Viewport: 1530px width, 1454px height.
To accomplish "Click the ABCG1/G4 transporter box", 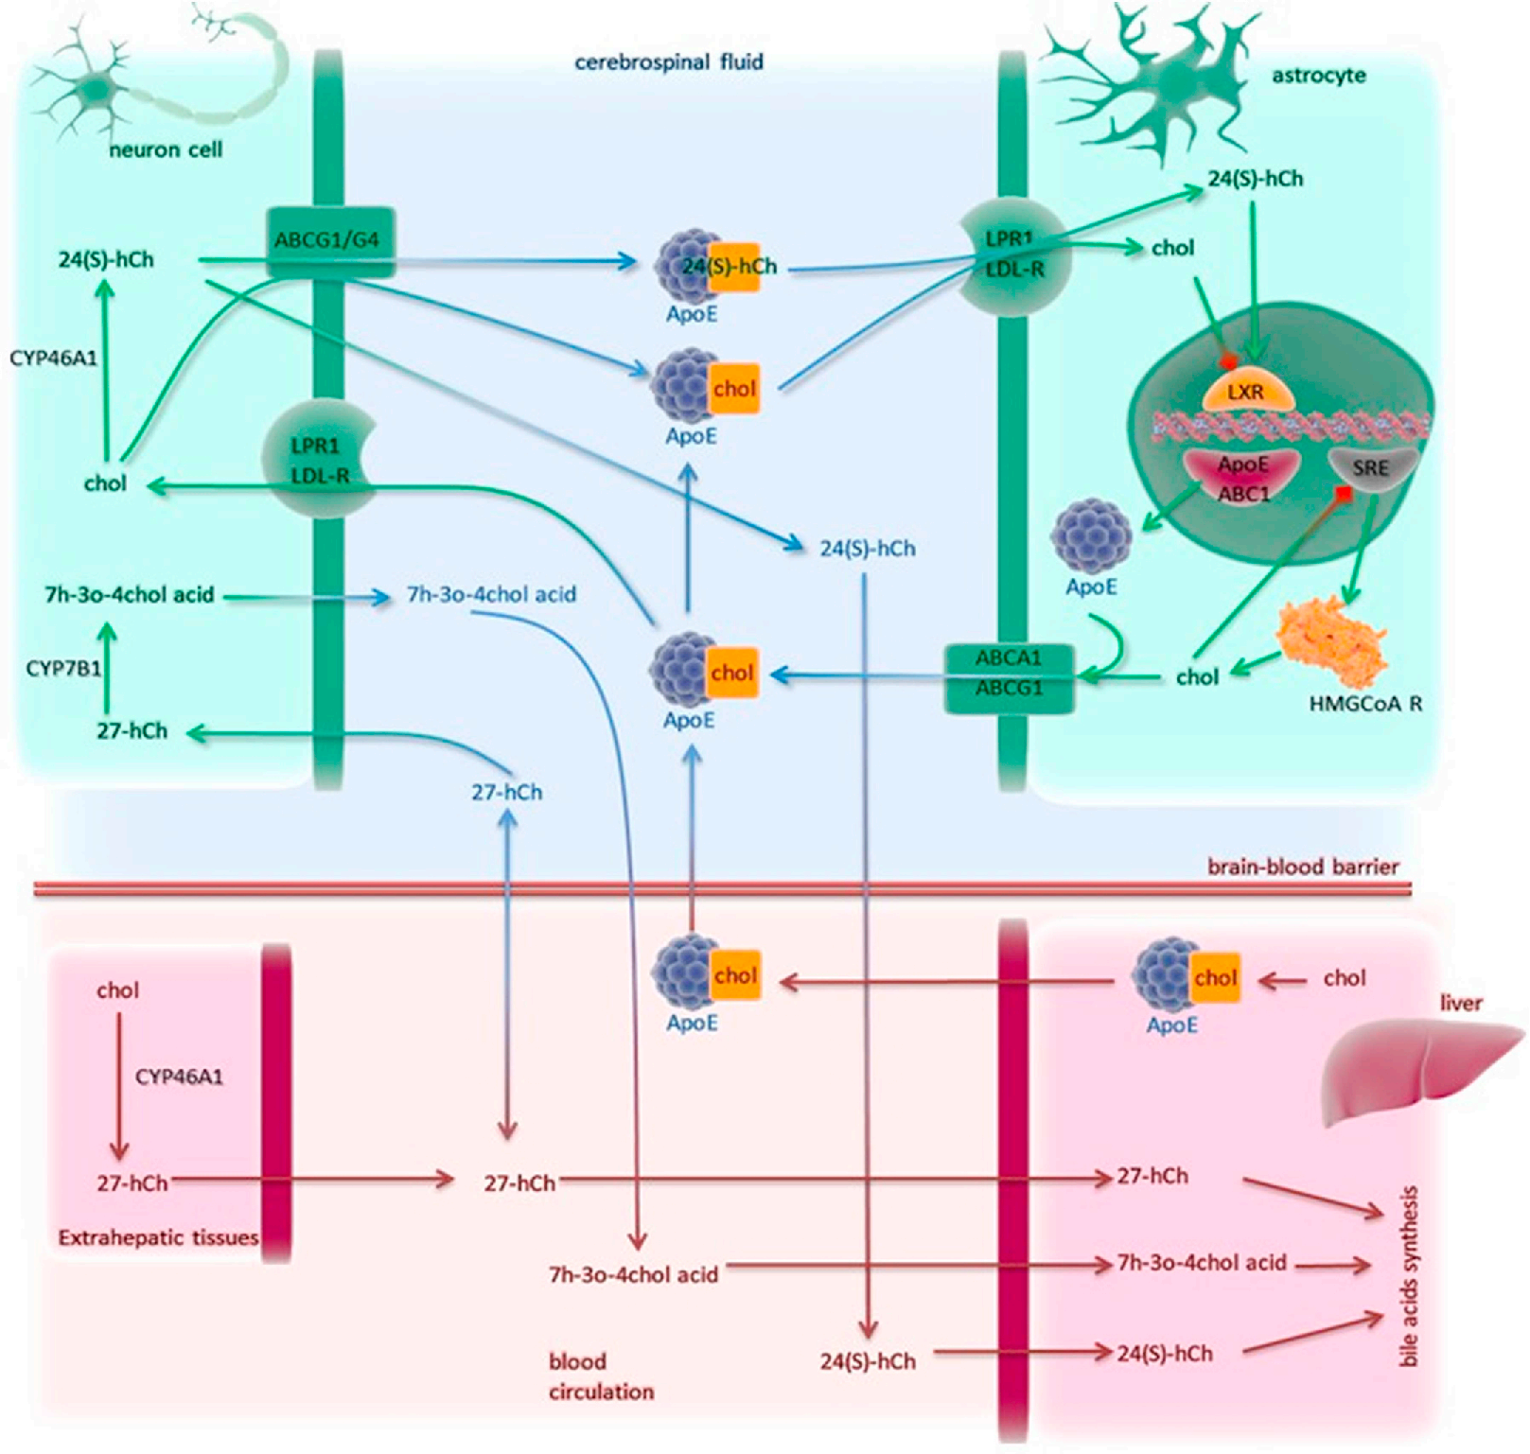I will (x=327, y=240).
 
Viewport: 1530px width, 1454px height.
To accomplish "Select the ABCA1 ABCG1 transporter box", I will (x=1009, y=674).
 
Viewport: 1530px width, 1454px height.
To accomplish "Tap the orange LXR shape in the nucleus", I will (x=1246, y=391).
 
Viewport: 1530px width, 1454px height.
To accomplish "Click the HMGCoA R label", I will (x=1365, y=704).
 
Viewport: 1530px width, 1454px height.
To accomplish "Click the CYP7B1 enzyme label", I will (x=63, y=669).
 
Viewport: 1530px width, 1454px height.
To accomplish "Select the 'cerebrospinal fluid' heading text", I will (x=669, y=62).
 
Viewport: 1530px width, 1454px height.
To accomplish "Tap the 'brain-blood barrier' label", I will (x=1302, y=867).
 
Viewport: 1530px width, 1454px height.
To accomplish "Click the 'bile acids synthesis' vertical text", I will (x=1409, y=1276).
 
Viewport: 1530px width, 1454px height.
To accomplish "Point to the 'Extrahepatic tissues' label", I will (x=158, y=1237).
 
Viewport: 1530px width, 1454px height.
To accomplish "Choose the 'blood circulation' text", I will (x=601, y=1376).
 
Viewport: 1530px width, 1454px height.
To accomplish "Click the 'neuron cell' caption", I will (x=166, y=149).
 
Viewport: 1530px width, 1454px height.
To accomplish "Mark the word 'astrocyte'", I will (x=1318, y=76).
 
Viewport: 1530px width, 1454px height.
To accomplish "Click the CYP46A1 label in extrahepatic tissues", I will (x=179, y=1077).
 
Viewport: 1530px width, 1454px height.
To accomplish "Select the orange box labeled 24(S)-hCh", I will (x=734, y=267).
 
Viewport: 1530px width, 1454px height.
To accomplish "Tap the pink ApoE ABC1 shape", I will (x=1243, y=477).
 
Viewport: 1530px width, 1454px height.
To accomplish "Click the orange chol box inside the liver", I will (x=1215, y=977).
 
